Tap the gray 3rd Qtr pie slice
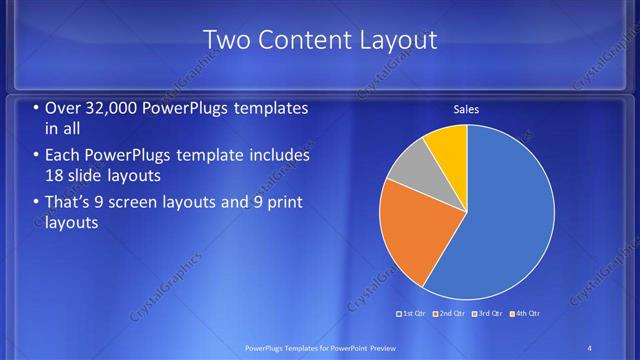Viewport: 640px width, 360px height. pyautogui.click(x=410, y=165)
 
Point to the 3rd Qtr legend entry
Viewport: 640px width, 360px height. pyautogui.click(x=490, y=314)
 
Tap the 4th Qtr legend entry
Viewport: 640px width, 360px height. pyautogui.click(x=527, y=314)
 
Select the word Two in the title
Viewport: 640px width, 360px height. pyautogui.click(x=226, y=41)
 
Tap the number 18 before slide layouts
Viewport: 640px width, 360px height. pyautogui.click(x=56, y=177)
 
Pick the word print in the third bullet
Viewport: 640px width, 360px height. pyautogui.click(x=282, y=203)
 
